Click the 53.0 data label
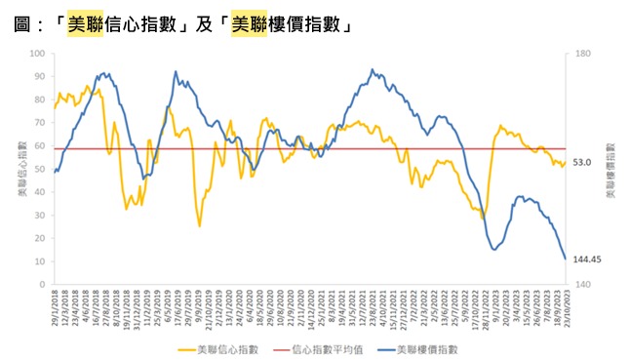pos(582,162)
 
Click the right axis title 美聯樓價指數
pos(610,169)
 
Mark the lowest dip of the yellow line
pos(199,226)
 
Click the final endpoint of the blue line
pos(566,259)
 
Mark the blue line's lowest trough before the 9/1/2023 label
pos(494,250)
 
